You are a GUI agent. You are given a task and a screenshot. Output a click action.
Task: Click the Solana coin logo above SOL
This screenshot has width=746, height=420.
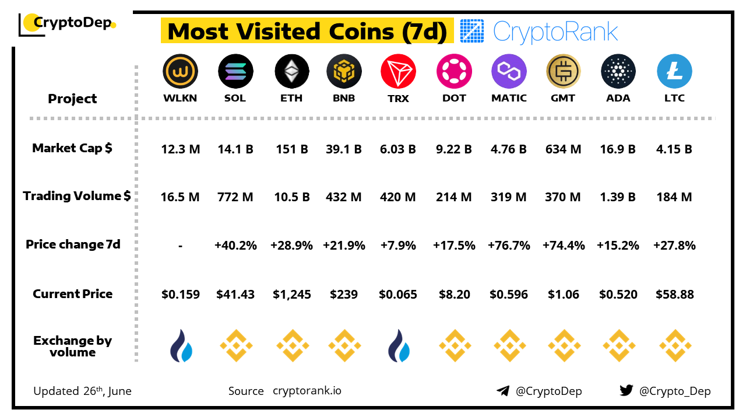pos(235,72)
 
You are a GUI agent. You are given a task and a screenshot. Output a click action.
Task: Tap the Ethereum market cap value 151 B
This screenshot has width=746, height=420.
pos(291,149)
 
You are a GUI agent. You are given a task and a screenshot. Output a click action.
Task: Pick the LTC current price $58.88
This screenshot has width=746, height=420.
pos(674,295)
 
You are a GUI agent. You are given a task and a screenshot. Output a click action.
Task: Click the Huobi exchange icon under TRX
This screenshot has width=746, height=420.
pos(399,346)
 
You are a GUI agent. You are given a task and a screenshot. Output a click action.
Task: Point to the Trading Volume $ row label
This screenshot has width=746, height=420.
pos(77,196)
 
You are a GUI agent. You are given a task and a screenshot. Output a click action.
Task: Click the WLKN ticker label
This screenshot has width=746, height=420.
pos(180,98)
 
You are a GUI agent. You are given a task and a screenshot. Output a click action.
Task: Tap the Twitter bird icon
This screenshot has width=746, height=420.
pos(626,390)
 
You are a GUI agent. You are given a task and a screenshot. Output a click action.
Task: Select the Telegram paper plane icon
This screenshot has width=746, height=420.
pos(503,391)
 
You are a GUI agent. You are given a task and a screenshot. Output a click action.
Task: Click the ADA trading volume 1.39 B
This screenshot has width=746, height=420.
pos(618,197)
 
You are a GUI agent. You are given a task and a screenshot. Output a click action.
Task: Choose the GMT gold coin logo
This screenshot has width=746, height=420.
pos(564,72)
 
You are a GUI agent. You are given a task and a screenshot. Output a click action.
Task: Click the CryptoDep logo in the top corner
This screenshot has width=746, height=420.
pos(68,23)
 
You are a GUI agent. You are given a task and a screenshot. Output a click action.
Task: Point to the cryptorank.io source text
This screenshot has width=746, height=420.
pos(307,391)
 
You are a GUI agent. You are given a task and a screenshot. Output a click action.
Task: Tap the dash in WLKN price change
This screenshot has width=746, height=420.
pos(180,246)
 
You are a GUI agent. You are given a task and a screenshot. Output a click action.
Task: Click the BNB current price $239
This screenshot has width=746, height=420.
pos(344,295)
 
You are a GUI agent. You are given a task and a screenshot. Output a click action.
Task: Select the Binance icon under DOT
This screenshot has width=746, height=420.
pos(454,346)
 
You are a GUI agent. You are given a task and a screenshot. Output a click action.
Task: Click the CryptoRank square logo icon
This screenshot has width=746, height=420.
pos(471,32)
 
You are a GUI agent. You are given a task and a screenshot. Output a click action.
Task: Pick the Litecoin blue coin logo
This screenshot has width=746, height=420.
pos(674,72)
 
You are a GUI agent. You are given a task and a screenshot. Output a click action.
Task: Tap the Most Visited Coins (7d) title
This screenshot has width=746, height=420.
pos(307,32)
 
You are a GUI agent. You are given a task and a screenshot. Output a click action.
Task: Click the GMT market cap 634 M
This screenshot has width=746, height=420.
pos(563,149)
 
